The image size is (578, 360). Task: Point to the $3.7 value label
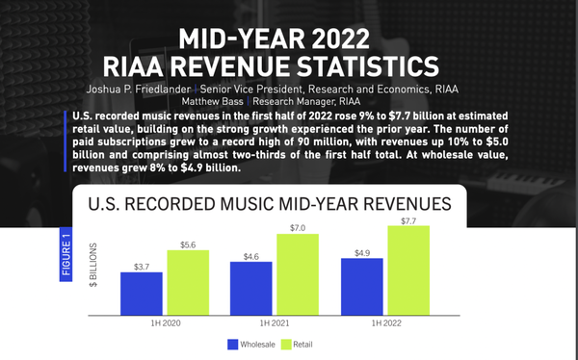[x=142, y=265]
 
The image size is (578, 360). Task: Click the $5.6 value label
[x=188, y=244]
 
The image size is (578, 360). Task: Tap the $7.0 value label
[x=298, y=227]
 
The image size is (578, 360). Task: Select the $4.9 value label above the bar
[x=362, y=251]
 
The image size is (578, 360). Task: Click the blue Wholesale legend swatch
[x=233, y=344]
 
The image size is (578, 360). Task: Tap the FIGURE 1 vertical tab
[x=66, y=258]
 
